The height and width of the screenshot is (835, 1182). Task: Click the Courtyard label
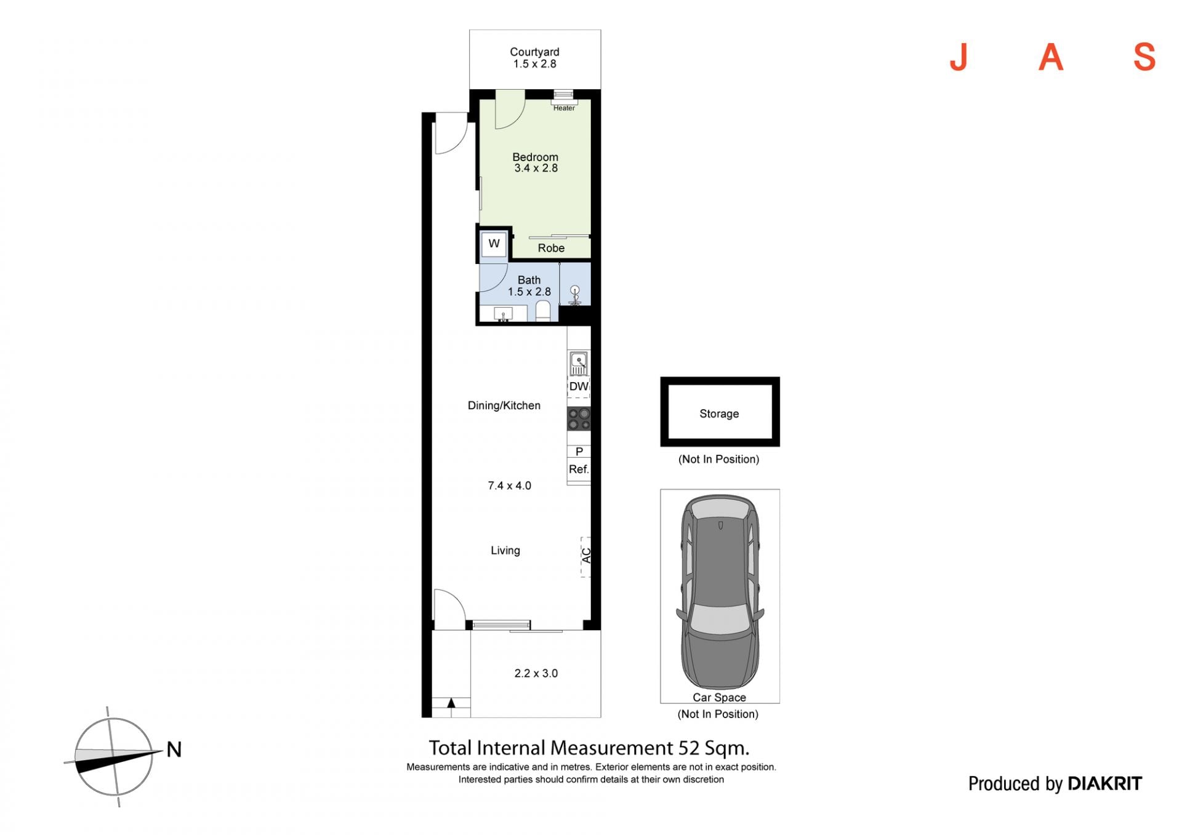click(x=534, y=52)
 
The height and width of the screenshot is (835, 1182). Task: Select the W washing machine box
click(x=494, y=244)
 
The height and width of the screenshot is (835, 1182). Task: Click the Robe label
click(x=551, y=248)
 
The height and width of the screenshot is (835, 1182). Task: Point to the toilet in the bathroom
click(x=543, y=311)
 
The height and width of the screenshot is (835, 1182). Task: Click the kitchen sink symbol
click(x=578, y=363)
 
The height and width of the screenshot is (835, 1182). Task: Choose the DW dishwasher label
click(x=579, y=386)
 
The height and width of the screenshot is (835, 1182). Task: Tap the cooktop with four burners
click(x=579, y=418)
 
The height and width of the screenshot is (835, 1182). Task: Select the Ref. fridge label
click(x=579, y=469)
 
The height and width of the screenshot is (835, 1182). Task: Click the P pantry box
click(x=579, y=452)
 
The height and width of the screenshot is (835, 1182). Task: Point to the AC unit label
click(x=587, y=556)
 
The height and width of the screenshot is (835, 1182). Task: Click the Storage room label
click(x=719, y=414)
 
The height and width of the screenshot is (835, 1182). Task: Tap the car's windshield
click(x=719, y=619)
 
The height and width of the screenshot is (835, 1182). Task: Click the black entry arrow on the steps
click(x=451, y=703)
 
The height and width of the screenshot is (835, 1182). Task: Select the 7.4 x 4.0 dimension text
click(x=509, y=485)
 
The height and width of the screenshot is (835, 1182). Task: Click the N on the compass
click(x=174, y=749)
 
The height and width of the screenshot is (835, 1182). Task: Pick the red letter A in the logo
click(x=1051, y=58)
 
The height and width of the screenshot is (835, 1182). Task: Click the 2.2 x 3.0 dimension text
click(x=536, y=673)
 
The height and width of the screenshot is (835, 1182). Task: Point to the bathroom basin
click(x=503, y=314)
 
